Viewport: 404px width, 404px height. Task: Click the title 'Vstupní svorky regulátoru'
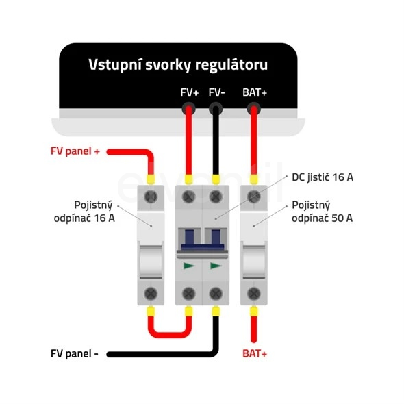click(x=178, y=65)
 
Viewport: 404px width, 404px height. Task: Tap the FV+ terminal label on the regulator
click(x=190, y=92)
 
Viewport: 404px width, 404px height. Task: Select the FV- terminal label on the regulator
click(x=216, y=92)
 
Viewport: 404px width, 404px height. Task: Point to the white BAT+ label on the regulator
click(x=255, y=92)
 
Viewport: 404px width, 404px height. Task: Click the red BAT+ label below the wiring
click(x=255, y=353)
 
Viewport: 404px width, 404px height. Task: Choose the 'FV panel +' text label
click(x=75, y=151)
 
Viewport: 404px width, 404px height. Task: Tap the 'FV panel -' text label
click(x=75, y=353)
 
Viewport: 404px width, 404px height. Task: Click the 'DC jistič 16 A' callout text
click(x=323, y=177)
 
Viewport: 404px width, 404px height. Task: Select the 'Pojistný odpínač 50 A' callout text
click(x=322, y=212)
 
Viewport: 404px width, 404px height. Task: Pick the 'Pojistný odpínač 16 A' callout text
click(x=84, y=212)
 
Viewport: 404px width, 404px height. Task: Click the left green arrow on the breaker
click(x=189, y=266)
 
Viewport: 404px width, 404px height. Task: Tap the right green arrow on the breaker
click(x=216, y=266)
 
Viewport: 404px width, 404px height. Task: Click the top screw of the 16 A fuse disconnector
click(x=151, y=197)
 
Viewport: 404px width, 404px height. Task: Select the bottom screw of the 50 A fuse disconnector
click(x=254, y=294)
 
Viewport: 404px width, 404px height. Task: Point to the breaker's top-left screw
click(x=189, y=197)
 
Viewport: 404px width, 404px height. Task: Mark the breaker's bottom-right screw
click(x=216, y=294)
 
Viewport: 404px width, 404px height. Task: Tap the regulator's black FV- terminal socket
click(x=216, y=108)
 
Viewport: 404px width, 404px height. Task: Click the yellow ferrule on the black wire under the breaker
click(x=216, y=312)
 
